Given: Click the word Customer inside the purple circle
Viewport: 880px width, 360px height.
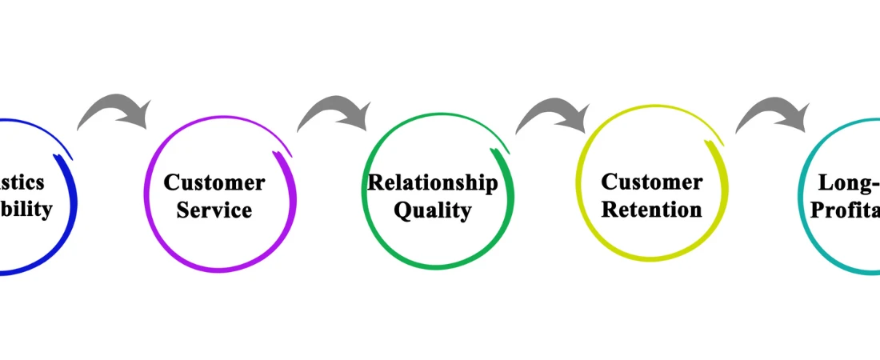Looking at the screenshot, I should tap(214, 182).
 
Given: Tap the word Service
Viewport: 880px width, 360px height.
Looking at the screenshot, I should tap(214, 210).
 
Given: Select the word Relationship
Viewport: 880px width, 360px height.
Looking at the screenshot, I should tap(432, 182).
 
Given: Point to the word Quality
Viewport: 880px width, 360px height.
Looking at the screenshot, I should tap(432, 210).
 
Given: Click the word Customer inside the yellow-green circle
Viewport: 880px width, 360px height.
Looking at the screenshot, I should tap(651, 182).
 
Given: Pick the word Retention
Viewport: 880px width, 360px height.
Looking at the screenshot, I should tap(651, 210).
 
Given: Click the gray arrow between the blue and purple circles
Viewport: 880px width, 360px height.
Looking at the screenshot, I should tap(114, 112).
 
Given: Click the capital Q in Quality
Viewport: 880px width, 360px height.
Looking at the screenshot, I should tap(404, 210).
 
